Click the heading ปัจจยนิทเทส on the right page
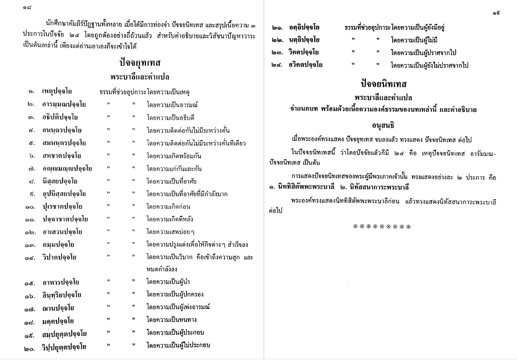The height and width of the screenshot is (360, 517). [x=384, y=85]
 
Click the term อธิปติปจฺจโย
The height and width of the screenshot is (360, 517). [x=61, y=118]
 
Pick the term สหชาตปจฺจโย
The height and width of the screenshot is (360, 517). [x=61, y=156]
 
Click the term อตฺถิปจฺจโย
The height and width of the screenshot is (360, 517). [x=301, y=28]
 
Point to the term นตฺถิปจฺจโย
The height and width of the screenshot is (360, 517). [x=301, y=40]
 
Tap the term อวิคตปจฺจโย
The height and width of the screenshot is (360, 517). [x=302, y=65]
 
